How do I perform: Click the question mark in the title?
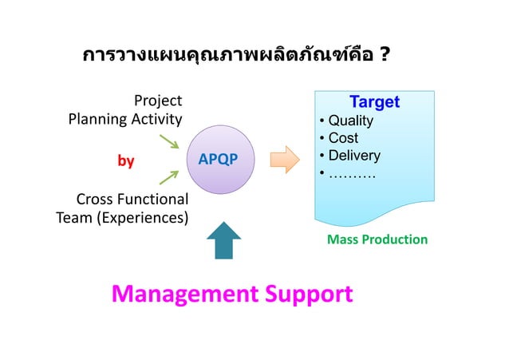(385, 56)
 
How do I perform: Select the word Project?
(157, 101)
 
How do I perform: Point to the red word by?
(125, 161)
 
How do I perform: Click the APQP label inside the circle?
(217, 159)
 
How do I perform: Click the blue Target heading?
(374, 103)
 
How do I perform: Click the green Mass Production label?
(377, 239)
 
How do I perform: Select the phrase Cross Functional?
(132, 199)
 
